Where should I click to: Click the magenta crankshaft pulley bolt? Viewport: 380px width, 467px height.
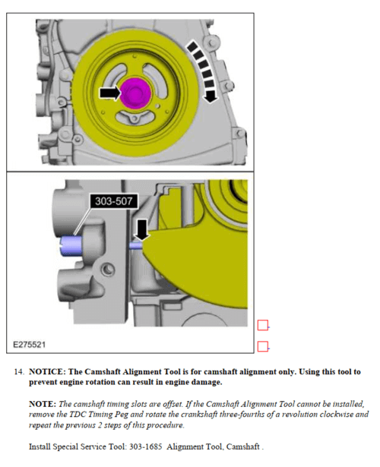[135, 93]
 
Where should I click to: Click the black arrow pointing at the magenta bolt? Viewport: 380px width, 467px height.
[110, 93]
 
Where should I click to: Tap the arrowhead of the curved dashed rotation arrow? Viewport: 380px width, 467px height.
[211, 96]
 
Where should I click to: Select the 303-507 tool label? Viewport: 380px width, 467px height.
[113, 202]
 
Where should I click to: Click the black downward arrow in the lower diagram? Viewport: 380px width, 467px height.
[142, 229]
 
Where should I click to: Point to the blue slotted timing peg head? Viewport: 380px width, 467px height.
[71, 246]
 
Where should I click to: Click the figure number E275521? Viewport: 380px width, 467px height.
[29, 345]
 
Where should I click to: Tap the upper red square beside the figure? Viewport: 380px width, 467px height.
[262, 325]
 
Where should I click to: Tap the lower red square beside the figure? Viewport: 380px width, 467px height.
[262, 346]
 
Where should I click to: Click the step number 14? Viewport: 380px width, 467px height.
[19, 372]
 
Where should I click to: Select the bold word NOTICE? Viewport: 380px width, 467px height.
[47, 372]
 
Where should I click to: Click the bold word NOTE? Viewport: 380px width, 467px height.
[43, 404]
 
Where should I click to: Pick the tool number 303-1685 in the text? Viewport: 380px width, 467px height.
[145, 446]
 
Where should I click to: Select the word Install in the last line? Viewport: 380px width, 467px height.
[40, 446]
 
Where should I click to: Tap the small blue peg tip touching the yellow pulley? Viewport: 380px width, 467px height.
[136, 245]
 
